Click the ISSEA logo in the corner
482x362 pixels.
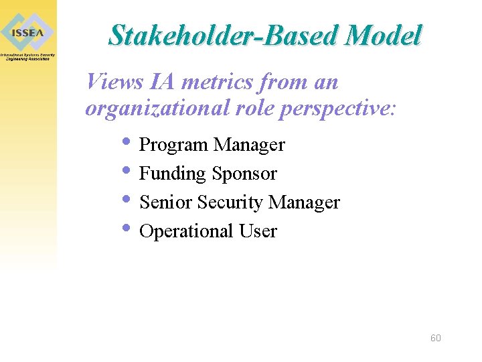(x=27, y=32)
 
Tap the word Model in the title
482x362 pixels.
(x=383, y=36)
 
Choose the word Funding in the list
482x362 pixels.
(x=172, y=174)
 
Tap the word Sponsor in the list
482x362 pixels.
(x=244, y=174)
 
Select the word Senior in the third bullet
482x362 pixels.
(x=165, y=202)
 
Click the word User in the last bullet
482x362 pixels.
(x=258, y=231)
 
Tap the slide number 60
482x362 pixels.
(x=435, y=338)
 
